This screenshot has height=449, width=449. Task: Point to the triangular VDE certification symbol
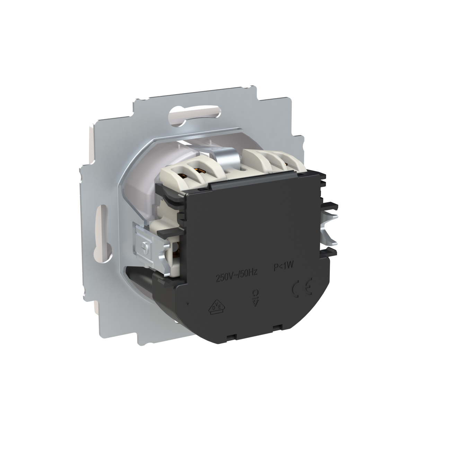click(213, 307)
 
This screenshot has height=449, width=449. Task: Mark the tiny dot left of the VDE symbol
click(187, 303)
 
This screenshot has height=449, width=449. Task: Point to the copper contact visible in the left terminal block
click(199, 170)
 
